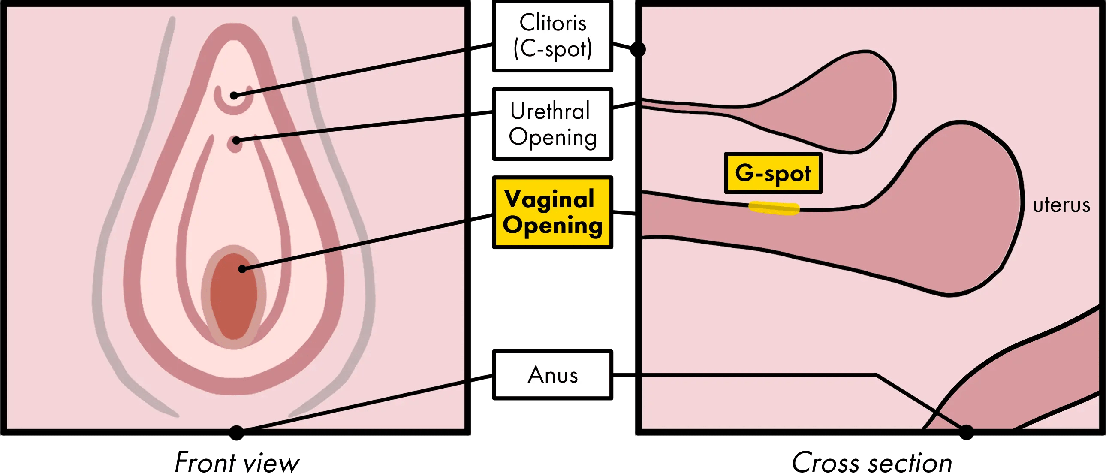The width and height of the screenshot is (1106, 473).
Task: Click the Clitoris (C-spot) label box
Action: click(552, 36)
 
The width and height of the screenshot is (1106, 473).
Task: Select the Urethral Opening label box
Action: click(552, 124)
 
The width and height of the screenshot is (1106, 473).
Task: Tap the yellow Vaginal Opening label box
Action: click(552, 212)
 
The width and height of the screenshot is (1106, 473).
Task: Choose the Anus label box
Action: click(552, 375)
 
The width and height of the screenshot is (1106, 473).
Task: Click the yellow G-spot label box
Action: click(773, 173)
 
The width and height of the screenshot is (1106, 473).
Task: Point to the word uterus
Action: click(1061, 205)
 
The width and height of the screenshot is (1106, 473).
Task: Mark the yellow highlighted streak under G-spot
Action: click(774, 208)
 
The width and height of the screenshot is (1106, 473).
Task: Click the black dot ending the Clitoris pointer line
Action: click(234, 95)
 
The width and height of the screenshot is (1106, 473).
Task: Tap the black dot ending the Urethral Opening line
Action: click(236, 140)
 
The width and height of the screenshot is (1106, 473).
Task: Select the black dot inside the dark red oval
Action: click(242, 269)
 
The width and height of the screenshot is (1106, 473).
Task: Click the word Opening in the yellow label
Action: click(552, 225)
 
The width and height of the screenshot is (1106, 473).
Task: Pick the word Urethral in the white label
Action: click(550, 111)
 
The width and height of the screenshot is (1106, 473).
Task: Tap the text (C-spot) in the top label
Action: click(552, 49)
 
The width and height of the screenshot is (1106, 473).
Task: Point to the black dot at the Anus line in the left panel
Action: click(236, 428)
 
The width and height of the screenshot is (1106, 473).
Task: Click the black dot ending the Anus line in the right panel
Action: click(966, 428)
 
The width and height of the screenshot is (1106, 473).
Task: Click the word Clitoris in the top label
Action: click(552, 22)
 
